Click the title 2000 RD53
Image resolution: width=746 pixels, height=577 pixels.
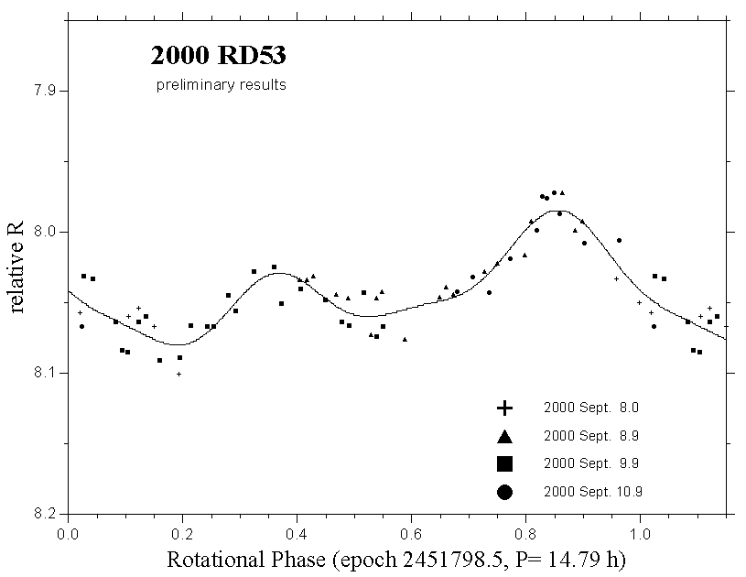click(218, 57)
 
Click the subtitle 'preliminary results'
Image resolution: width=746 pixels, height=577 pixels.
click(221, 85)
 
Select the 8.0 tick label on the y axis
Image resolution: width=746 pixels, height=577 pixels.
click(42, 232)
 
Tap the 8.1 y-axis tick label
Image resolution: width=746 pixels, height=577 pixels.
click(42, 373)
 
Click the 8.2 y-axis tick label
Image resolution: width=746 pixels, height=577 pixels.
click(42, 513)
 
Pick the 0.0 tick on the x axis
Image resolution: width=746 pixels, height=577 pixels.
click(69, 532)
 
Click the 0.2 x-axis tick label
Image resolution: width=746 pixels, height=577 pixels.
click(183, 532)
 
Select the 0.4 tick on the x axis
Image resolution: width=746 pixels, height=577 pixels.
click(297, 532)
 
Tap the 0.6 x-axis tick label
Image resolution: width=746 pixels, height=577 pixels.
click(411, 532)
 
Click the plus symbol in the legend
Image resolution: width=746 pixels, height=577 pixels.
click(503, 408)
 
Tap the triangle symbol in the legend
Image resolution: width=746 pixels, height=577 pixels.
click(503, 435)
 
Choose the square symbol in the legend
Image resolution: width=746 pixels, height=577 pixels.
click(503, 463)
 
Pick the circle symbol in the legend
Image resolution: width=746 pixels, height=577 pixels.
click(503, 492)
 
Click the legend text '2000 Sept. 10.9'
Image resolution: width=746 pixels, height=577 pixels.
click(593, 492)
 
